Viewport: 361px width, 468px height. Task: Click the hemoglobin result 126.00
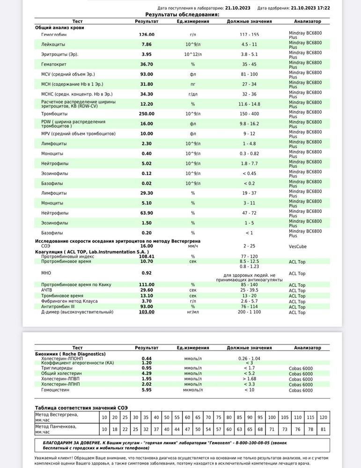pos(147,35)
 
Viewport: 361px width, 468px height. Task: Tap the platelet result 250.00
pos(147,114)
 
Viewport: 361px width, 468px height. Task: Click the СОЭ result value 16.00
pos(147,246)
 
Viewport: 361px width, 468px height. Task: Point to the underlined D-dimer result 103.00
pos(147,312)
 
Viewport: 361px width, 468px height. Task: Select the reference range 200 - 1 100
pos(249,312)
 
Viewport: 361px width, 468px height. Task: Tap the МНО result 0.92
pos(147,273)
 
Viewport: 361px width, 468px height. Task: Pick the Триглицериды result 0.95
pos(147,368)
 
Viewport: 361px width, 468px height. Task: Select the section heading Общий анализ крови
pos(59,28)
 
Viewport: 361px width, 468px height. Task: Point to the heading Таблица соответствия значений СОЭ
pos(81,408)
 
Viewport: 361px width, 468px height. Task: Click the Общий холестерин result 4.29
pos(147,374)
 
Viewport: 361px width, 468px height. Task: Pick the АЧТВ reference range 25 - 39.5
pos(249,290)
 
